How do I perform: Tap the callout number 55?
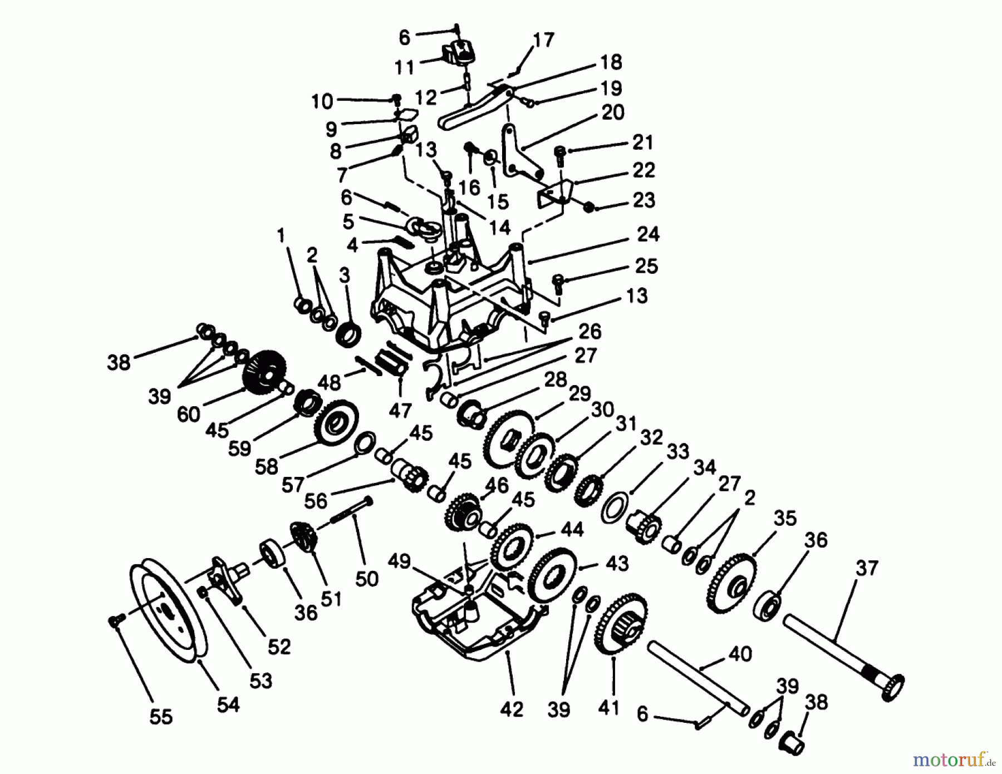point(161,717)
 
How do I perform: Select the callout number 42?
point(512,709)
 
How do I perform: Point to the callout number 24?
point(648,234)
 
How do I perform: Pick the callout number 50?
point(366,579)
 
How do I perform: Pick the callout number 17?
point(543,40)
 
